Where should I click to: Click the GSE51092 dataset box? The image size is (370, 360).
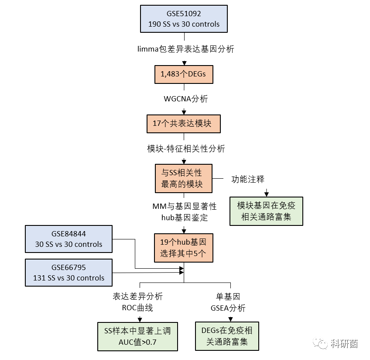[184, 19]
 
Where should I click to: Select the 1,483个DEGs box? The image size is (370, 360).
[183, 74]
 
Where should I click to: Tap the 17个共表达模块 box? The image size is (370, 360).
[183, 124]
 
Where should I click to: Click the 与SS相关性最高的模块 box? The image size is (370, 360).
[183, 178]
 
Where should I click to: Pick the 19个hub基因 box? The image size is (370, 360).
[183, 248]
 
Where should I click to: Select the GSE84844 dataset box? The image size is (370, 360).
[69, 239]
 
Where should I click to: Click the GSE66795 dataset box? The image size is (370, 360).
[69, 273]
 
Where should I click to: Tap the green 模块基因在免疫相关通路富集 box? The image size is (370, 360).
[266, 211]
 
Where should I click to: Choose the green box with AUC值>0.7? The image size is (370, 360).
[137, 336]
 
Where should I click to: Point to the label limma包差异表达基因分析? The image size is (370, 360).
[185, 49]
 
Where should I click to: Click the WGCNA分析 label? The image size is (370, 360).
[185, 99]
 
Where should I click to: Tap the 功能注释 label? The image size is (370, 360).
[247, 179]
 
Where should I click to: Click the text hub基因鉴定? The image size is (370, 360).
[184, 218]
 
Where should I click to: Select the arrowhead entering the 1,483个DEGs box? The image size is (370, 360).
[184, 63]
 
